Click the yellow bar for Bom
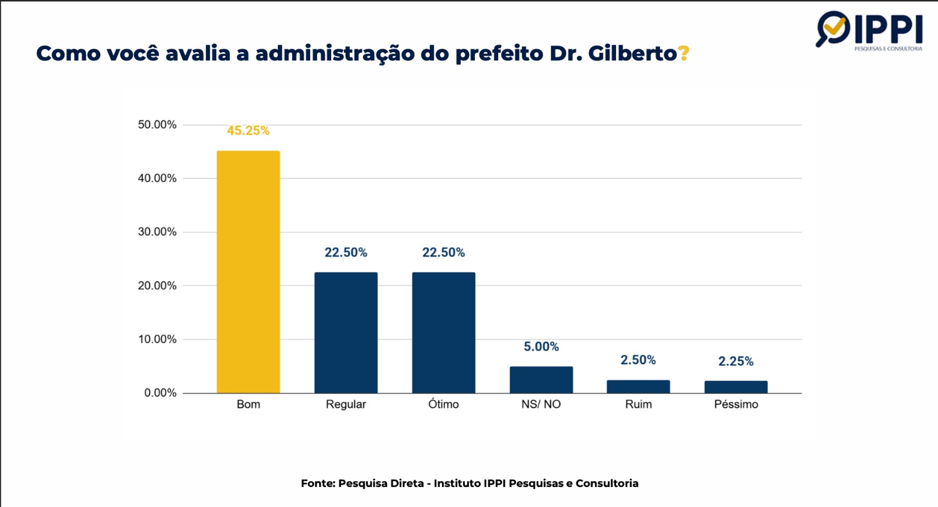tap(248, 272)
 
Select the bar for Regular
tap(346, 332)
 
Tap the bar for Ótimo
tap(443, 332)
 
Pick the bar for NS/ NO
tap(541, 380)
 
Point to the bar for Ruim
tap(638, 387)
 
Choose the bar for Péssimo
tap(736, 387)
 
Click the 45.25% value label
tap(248, 131)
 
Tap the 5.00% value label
tap(541, 346)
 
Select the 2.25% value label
tap(736, 361)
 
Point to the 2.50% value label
tap(638, 360)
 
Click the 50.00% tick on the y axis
tap(157, 124)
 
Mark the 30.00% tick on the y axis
tap(157, 232)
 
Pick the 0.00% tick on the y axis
tap(160, 393)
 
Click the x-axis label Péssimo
tap(736, 404)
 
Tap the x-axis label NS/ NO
tap(541, 404)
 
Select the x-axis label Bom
tap(248, 404)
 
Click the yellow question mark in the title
tap(684, 53)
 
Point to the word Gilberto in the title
tap(633, 53)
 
